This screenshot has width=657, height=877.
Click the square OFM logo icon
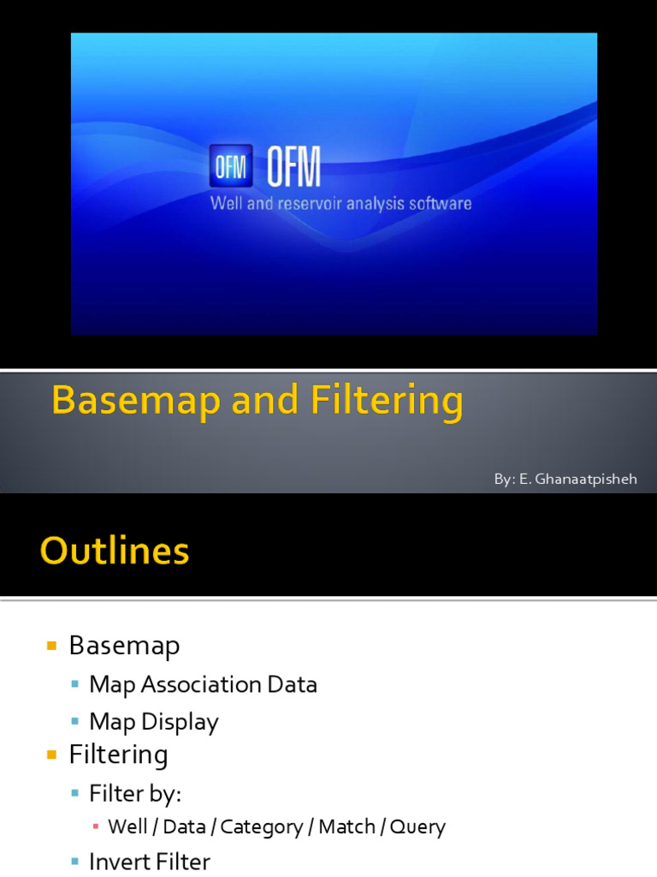pos(231,165)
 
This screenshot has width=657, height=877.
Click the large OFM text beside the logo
pos(293,167)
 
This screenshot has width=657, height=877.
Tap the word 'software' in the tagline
pos(439,204)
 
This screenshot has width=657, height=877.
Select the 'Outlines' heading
pos(115,551)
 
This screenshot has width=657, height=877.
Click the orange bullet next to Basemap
pos(52,645)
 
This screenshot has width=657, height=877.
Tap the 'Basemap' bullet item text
pos(124,645)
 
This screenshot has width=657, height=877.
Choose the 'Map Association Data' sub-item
pos(203,684)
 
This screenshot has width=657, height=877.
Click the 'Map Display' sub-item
pos(154,721)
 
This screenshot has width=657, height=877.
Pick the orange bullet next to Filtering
pos(52,755)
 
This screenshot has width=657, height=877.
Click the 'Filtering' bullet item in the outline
pos(118,755)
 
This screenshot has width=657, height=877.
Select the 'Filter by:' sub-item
pos(135,794)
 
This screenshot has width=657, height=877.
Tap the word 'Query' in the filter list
pos(417,826)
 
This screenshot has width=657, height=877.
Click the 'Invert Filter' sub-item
pos(150,861)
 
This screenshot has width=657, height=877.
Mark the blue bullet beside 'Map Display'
pos(76,722)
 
